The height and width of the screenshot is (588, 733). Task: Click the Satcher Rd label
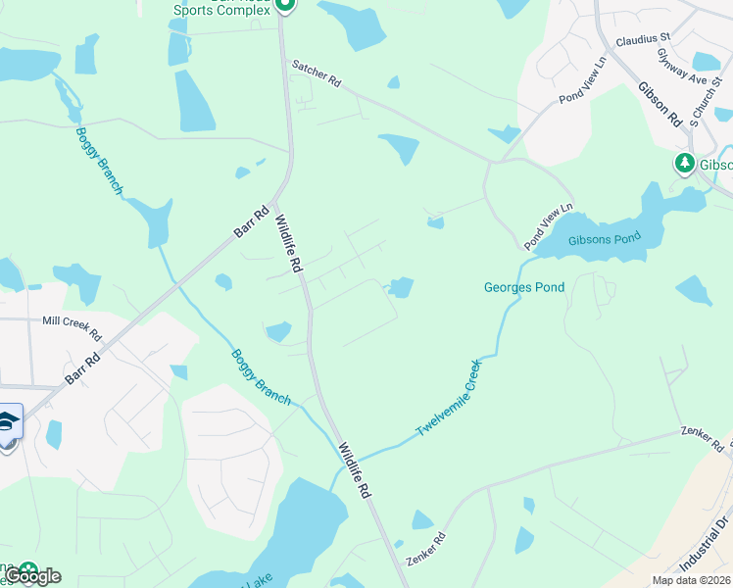coord(315,75)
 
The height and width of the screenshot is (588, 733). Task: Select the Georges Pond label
coord(524,287)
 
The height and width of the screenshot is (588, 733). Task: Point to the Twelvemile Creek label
coord(448,398)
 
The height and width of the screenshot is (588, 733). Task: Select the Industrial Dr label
coord(704,563)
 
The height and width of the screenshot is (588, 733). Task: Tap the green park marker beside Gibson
coord(684,163)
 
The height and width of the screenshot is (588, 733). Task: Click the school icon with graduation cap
coord(8,421)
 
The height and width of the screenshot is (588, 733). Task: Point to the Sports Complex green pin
coord(284,6)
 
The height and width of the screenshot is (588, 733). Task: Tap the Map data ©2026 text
coord(691,580)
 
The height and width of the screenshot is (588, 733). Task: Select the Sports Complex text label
coord(221,10)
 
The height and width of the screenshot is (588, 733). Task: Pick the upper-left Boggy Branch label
coord(99,161)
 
